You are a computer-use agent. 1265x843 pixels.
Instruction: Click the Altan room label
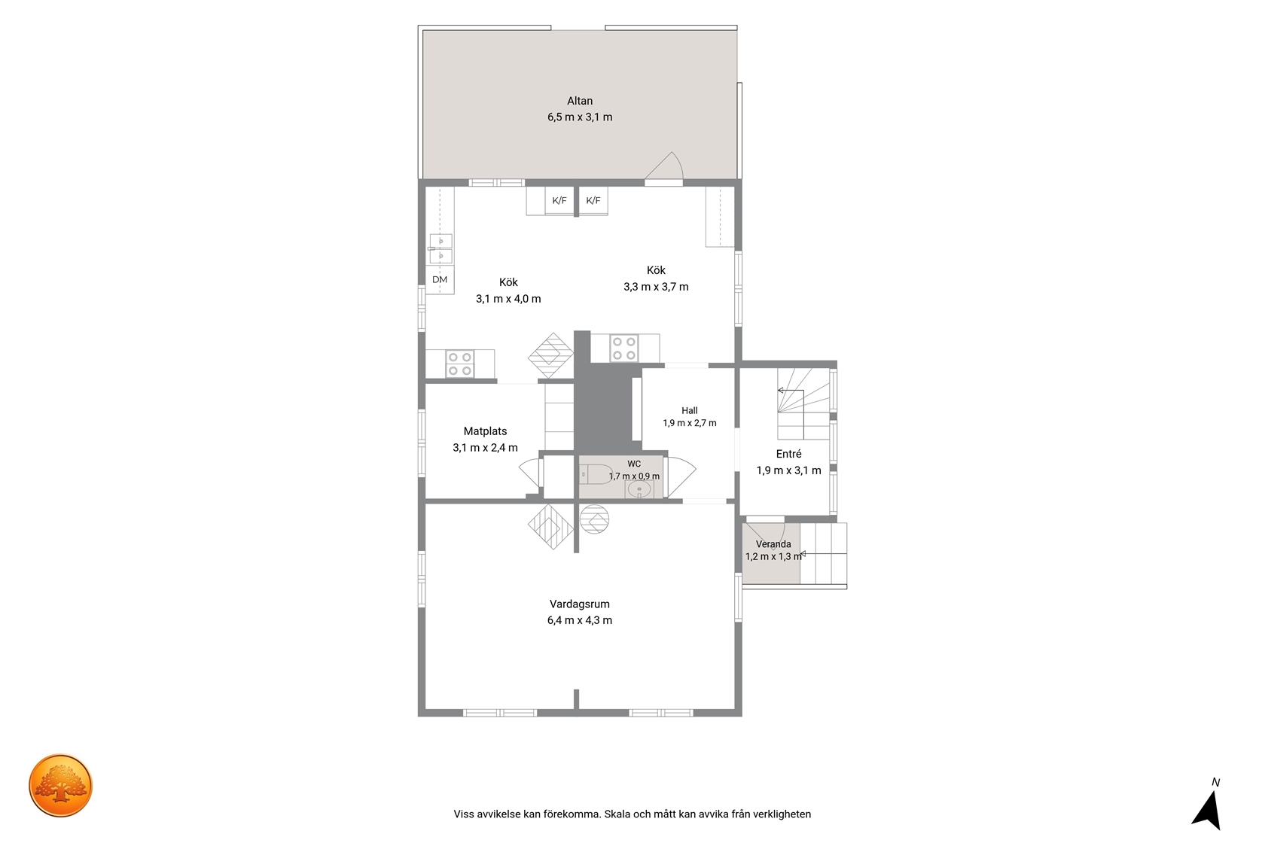pyautogui.click(x=580, y=101)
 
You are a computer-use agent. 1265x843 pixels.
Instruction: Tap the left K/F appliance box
pyautogui.click(x=559, y=200)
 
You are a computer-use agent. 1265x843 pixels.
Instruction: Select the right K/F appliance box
pyautogui.click(x=593, y=200)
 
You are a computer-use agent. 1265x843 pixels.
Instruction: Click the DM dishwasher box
pyautogui.click(x=440, y=279)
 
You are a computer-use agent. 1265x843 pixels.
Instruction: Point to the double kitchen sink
pyautogui.click(x=440, y=249)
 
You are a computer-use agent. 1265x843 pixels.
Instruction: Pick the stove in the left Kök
pyautogui.click(x=459, y=364)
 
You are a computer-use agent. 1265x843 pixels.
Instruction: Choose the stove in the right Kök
pyautogui.click(x=623, y=348)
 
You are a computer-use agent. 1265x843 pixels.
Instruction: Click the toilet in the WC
pyautogui.click(x=596, y=474)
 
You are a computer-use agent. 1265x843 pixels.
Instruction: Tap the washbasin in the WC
pyautogui.click(x=639, y=489)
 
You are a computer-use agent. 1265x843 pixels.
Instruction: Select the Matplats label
pyautogui.click(x=485, y=431)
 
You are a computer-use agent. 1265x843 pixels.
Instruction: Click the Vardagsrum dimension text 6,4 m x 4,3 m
pyautogui.click(x=580, y=620)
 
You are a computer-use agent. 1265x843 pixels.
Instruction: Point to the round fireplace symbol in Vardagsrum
pyautogui.click(x=594, y=519)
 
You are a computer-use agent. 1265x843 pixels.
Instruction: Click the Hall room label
pyautogui.click(x=690, y=410)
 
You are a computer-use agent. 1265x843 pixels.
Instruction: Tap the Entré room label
pyautogui.click(x=788, y=454)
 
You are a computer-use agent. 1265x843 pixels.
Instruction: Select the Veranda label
pyautogui.click(x=773, y=544)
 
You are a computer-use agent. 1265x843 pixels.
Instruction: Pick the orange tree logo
pyautogui.click(x=60, y=785)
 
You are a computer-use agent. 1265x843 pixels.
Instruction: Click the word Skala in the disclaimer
pyautogui.click(x=617, y=814)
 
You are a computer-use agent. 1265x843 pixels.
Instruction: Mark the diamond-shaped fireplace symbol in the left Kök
pyautogui.click(x=551, y=356)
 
